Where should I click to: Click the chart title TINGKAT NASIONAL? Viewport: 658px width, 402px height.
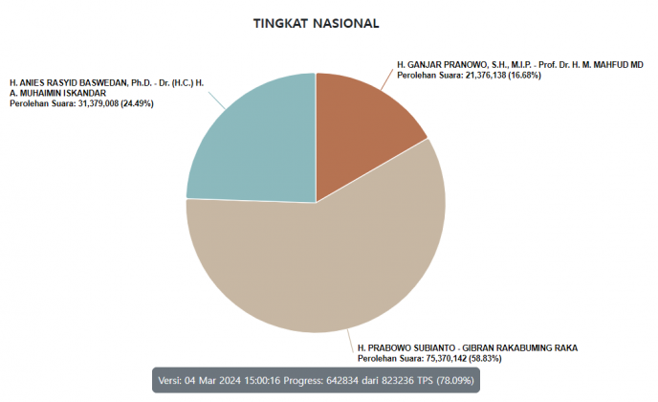point(315,22)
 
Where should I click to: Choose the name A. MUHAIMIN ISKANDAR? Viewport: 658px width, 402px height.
point(58,93)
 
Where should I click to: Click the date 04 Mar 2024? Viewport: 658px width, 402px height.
point(216,380)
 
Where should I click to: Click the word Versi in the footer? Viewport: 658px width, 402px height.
point(170,380)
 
